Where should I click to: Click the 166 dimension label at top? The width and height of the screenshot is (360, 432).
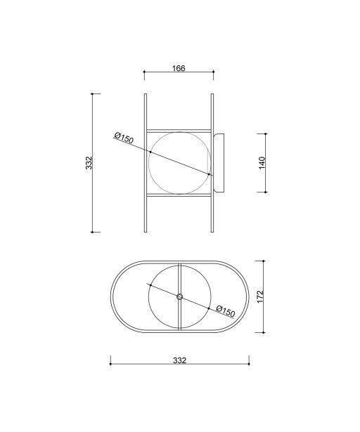coord(179,68)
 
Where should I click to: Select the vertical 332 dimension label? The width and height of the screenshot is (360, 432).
coord(89,163)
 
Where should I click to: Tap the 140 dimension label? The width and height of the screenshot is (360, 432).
coord(262,162)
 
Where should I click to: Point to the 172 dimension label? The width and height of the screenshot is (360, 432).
coord(260,296)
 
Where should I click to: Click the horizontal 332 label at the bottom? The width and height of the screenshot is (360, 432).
coord(179,360)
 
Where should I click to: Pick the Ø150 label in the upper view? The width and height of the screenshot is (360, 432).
coord(124,138)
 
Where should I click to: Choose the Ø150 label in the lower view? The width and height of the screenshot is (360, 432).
coord(226,311)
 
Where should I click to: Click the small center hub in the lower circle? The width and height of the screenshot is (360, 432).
coord(179,296)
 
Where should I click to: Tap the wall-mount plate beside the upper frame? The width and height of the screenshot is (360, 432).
coord(219,162)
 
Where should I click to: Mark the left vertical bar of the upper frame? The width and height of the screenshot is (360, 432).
coord(146,163)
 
